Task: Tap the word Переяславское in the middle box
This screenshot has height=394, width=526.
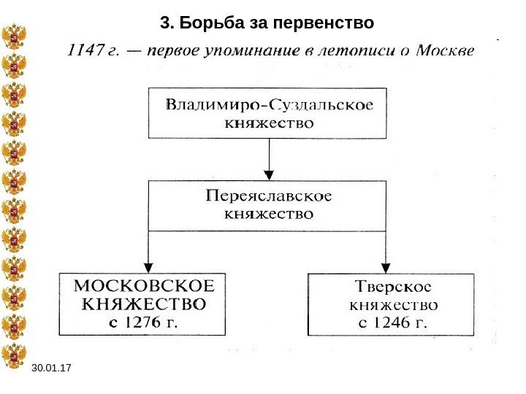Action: [x=268, y=196]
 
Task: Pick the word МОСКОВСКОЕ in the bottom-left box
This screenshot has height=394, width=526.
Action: [x=142, y=285]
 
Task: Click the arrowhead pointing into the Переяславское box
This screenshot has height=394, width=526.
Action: [x=268, y=174]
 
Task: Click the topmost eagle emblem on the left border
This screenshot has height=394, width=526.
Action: [x=13, y=36]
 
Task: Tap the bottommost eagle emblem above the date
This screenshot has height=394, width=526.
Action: [x=13, y=356]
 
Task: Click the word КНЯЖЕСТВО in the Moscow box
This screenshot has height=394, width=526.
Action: [x=142, y=301]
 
